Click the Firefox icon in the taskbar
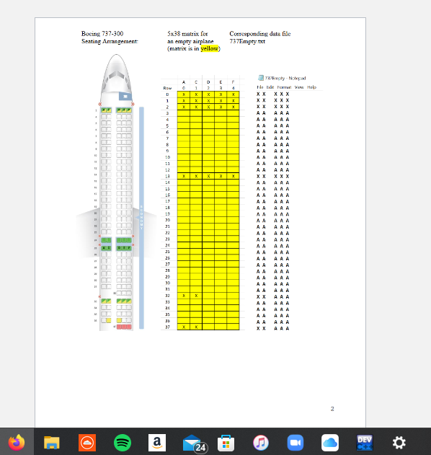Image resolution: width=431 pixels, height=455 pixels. [x=16, y=442]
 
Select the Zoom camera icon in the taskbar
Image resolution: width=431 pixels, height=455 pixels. [x=296, y=442]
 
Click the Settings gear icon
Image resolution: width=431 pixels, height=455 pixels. [x=399, y=442]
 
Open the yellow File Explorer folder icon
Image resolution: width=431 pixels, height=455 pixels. [x=51, y=442]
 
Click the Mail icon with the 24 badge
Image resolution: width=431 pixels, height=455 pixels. [x=192, y=443]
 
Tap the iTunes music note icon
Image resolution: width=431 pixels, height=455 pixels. [x=261, y=442]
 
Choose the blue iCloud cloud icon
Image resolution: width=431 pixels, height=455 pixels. [x=330, y=442]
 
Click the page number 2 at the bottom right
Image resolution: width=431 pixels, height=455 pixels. [x=332, y=409]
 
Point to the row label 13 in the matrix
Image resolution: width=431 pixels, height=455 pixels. [x=167, y=176]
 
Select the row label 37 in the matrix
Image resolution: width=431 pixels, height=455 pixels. [x=167, y=327]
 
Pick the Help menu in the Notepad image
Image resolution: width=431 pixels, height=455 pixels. [x=312, y=87]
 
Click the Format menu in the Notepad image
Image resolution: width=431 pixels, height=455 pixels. [x=284, y=87]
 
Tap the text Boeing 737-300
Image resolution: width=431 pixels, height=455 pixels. [x=97, y=34]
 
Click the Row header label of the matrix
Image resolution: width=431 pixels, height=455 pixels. [x=167, y=88]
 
